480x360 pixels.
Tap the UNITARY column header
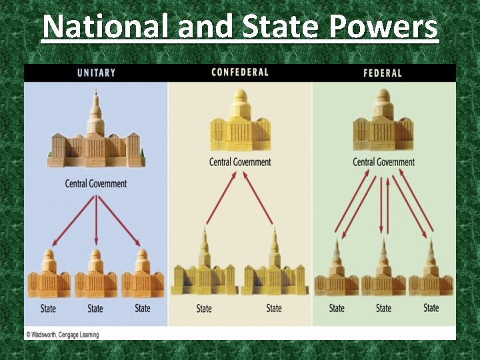(x=96, y=73)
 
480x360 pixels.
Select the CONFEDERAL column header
(x=240, y=72)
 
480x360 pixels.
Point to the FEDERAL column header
(x=383, y=73)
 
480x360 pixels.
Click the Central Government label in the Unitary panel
(x=96, y=183)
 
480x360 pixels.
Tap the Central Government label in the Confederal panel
(x=240, y=162)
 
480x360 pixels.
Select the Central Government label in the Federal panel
(x=383, y=162)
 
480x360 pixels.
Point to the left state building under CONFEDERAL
(x=204, y=267)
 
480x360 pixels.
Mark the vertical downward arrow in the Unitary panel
(x=96, y=220)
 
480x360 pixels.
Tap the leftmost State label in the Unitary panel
(x=48, y=309)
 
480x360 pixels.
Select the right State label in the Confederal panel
(x=274, y=309)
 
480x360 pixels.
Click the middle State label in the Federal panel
(x=383, y=308)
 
